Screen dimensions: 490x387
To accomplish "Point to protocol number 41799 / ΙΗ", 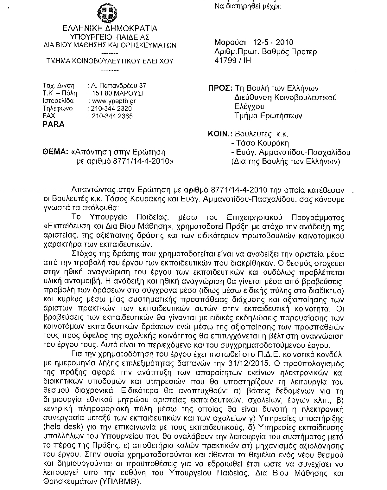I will click(x=233, y=60).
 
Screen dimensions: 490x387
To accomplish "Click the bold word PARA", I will click(x=54, y=124).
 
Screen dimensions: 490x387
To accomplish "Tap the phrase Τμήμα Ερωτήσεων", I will click(x=268, y=116).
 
